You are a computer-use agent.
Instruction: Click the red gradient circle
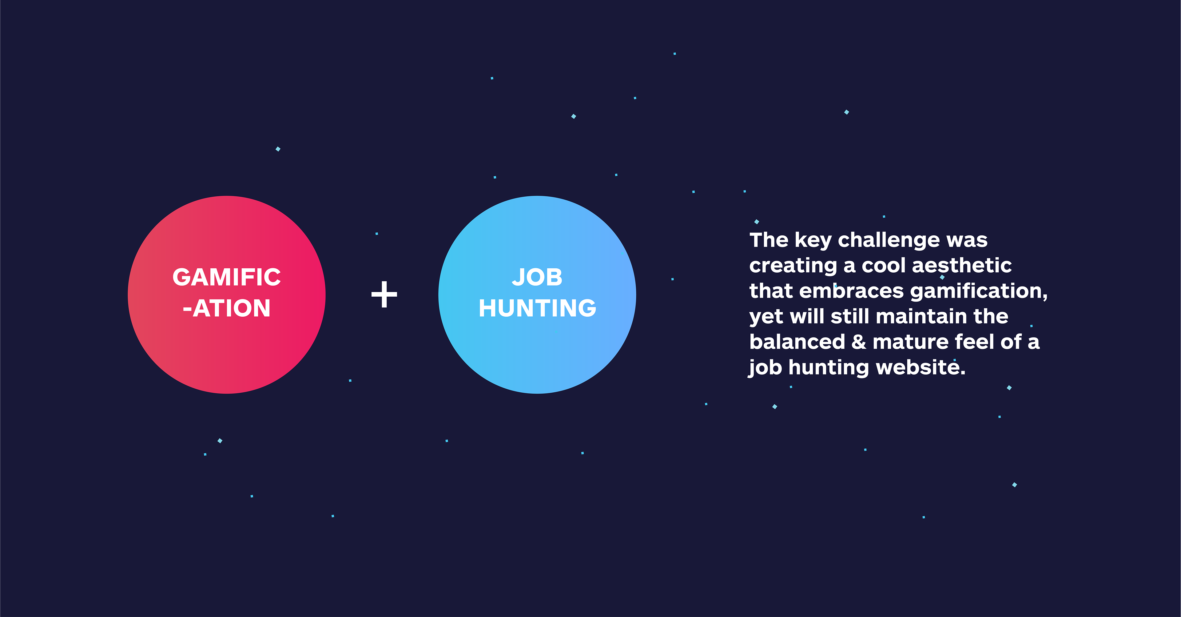[x=226, y=294]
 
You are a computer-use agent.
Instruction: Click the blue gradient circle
[x=537, y=294]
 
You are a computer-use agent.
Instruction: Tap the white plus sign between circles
[x=384, y=294]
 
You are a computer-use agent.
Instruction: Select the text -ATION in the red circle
[x=226, y=308]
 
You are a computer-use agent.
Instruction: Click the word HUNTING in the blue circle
[x=537, y=308]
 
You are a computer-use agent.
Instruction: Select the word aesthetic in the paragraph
[x=962, y=266]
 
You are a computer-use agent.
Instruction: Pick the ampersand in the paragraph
[x=859, y=342]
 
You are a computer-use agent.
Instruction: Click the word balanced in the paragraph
[x=797, y=342]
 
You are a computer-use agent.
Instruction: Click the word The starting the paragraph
[x=769, y=240]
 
